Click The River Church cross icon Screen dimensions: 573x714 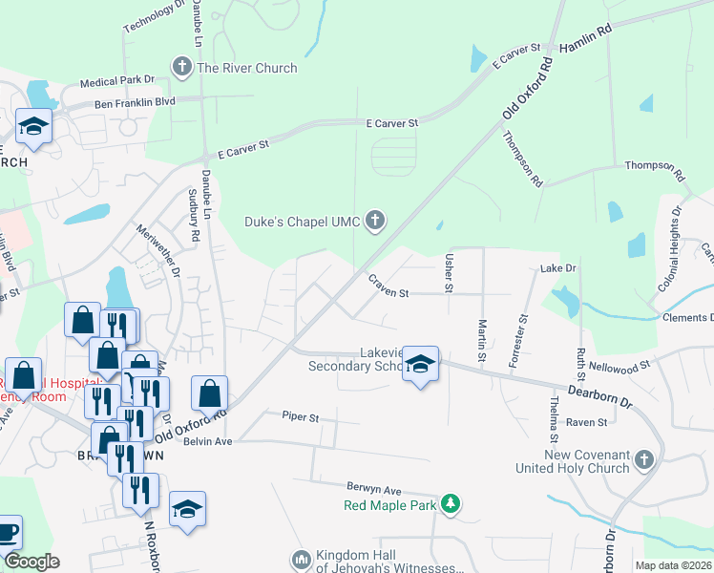pyautogui.click(x=181, y=67)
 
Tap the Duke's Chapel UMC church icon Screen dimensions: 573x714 pyautogui.click(x=375, y=222)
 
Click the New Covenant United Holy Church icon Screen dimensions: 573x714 pyautogui.click(x=645, y=460)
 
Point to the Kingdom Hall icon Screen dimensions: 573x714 pyautogui.click(x=301, y=557)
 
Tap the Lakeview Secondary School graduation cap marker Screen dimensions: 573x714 pyautogui.click(x=419, y=366)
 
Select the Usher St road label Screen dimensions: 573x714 pyautogui.click(x=449, y=274)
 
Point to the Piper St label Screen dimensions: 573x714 pyautogui.click(x=300, y=416)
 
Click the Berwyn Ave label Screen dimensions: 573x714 pyautogui.click(x=348, y=488)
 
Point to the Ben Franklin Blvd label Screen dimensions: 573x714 pyautogui.click(x=135, y=102)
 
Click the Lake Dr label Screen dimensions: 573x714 pyautogui.click(x=559, y=269)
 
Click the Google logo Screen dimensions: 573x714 pyautogui.click(x=31, y=562)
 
